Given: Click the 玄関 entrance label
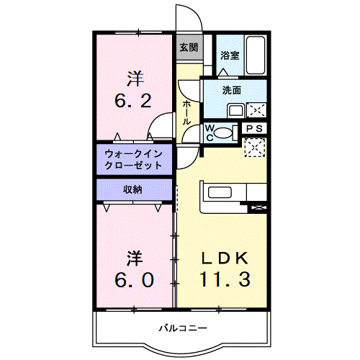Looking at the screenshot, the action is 189,48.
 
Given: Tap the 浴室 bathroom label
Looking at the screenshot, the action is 230,55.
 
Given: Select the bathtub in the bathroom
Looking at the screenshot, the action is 256,55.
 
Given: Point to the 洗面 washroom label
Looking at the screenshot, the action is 232,90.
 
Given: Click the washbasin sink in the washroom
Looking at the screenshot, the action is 236,111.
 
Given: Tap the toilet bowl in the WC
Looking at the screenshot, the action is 223,132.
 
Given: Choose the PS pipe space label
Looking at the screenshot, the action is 255,129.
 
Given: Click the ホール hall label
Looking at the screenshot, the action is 186,112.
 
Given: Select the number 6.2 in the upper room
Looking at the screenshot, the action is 133,101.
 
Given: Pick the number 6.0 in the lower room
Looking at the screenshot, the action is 134,280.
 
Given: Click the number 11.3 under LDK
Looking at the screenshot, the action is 225,279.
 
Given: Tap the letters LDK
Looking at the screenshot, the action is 225,258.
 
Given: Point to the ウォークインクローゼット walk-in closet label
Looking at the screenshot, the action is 133,160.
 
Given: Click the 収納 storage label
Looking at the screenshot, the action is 132,190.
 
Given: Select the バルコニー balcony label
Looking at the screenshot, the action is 183,328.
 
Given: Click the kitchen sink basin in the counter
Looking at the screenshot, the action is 220,192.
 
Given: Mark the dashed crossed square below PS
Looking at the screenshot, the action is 255,148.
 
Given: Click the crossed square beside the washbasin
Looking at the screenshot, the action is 256,110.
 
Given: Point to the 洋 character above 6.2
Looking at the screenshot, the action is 135,78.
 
